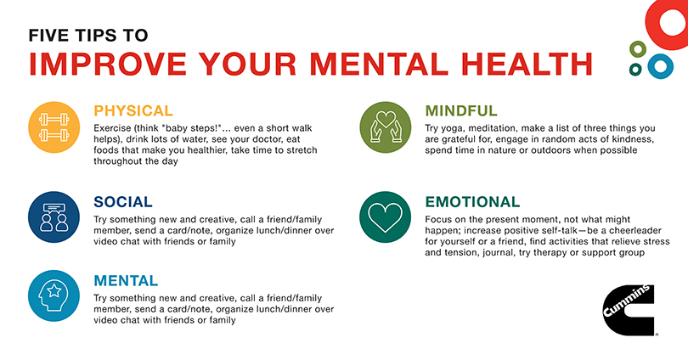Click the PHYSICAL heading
133,110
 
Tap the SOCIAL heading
123,202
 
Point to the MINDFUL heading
461,111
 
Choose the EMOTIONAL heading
472,202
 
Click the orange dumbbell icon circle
54,127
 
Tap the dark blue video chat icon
54,217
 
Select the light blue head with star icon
54,295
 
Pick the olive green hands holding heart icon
386,127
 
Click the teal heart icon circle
386,217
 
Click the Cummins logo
629,310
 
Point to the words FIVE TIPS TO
88,36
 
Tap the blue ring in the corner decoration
659,65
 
